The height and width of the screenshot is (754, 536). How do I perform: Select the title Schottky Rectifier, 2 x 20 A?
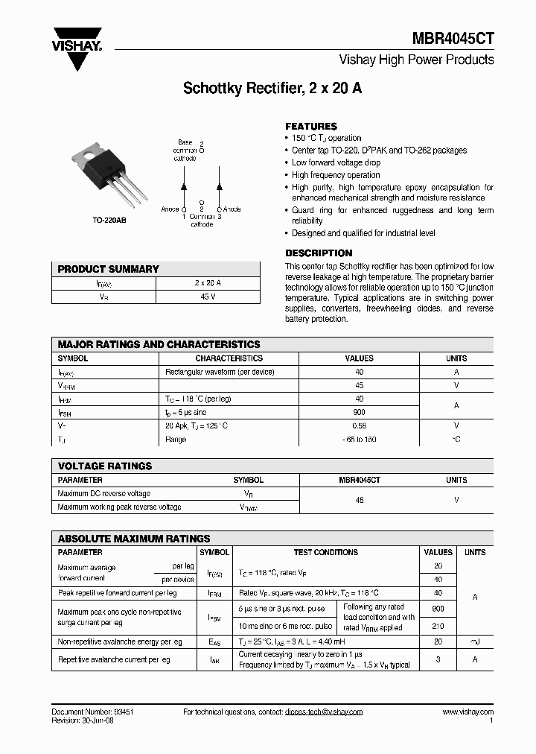(272, 88)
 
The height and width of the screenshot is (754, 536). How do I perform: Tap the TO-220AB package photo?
(106, 177)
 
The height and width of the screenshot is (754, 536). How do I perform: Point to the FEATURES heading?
(311, 126)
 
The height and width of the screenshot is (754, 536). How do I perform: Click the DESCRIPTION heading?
(319, 253)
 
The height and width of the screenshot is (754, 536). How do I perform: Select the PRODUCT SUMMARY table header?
(109, 269)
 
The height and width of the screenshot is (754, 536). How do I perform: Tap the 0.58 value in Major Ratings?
(360, 425)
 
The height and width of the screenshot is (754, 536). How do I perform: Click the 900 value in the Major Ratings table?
(360, 412)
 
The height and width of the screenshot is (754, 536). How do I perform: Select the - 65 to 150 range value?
(360, 439)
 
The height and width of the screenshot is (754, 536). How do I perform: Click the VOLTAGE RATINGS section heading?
(105, 466)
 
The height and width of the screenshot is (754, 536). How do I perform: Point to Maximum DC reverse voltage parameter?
(103, 493)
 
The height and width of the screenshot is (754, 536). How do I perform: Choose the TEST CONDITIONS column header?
(325, 552)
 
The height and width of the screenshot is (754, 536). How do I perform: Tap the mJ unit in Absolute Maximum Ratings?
(475, 641)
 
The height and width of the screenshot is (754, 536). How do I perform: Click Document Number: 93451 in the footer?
(93, 712)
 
